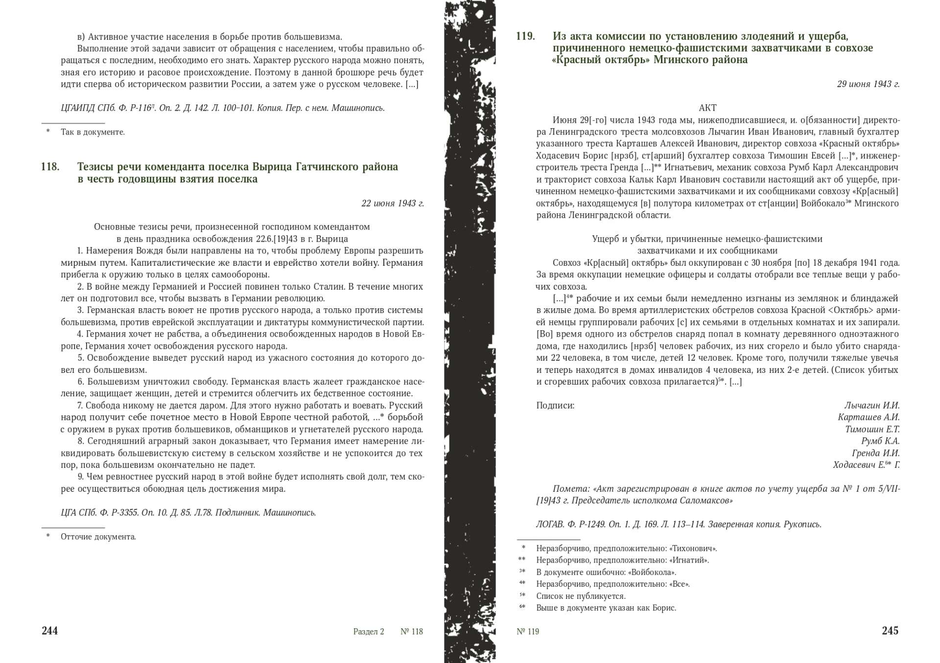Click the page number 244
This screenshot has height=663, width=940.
[49, 631]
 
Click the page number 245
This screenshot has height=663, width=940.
[890, 631]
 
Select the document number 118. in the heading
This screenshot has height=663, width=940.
[50, 167]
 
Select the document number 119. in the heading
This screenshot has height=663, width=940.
[525, 36]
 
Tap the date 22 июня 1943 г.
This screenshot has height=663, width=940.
[392, 203]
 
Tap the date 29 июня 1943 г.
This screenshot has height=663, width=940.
[868, 84]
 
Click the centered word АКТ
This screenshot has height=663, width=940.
[707, 108]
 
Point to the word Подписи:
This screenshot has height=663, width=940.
[555, 406]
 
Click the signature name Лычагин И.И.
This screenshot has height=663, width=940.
[871, 406]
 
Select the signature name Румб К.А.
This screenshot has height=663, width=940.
[880, 441]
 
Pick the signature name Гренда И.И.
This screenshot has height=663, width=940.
[875, 453]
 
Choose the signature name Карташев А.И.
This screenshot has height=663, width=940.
[869, 417]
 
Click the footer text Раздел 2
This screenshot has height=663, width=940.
[368, 631]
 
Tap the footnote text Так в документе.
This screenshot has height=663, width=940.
[93, 132]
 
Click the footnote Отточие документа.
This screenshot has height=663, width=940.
[98, 537]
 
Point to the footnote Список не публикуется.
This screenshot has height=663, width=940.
[581, 596]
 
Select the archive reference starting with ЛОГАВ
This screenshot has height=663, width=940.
[678, 525]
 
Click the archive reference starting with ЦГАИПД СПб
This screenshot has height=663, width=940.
[222, 108]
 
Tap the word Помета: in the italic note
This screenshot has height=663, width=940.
[571, 489]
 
